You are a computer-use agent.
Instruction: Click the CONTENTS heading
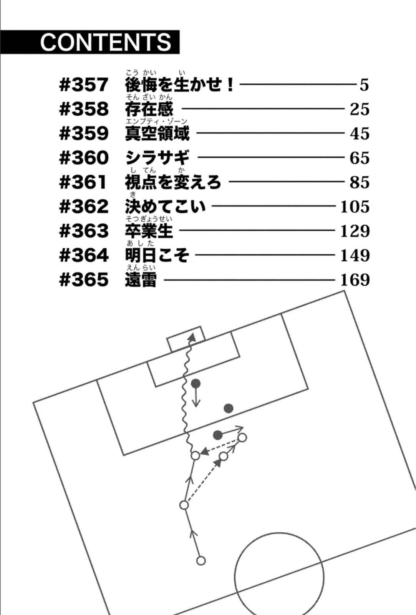pyautogui.click(x=106, y=42)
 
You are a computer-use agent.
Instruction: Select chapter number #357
pyautogui.click(x=83, y=85)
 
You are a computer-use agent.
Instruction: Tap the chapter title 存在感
pyautogui.click(x=149, y=109)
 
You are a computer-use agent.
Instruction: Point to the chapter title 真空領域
pyautogui.click(x=157, y=133)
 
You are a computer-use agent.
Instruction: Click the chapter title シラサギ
pyautogui.click(x=157, y=158)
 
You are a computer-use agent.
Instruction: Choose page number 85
pyautogui.click(x=359, y=182)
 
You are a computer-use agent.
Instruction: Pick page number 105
pyautogui.click(x=355, y=207)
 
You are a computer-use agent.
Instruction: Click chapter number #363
pyautogui.click(x=83, y=231)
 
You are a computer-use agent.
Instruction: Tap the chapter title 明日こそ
pyautogui.click(x=157, y=255)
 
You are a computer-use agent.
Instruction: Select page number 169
pyautogui.click(x=355, y=280)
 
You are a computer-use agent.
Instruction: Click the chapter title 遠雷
pyautogui.click(x=141, y=280)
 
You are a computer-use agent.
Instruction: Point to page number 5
pyautogui.click(x=364, y=85)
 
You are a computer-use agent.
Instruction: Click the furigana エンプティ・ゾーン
pyautogui.click(x=156, y=121)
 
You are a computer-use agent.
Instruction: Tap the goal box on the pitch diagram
pyautogui.click(x=185, y=339)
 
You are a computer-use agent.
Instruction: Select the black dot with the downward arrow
pyautogui.click(x=196, y=383)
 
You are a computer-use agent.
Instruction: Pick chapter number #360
pyautogui.click(x=83, y=158)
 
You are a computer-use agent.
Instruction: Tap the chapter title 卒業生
pyautogui.click(x=149, y=231)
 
